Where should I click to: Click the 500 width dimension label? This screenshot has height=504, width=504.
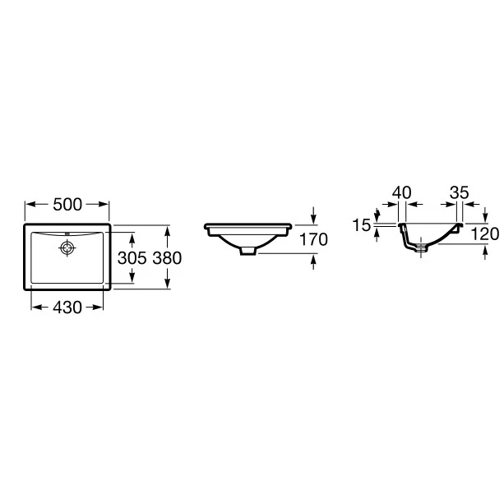pyautogui.click(x=67, y=205)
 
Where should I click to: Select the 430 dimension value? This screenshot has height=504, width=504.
pyautogui.click(x=67, y=307)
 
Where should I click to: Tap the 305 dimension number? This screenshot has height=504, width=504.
pyautogui.click(x=132, y=258)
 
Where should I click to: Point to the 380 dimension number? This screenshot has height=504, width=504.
pyautogui.click(x=167, y=258)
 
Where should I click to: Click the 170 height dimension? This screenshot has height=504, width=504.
pyautogui.click(x=313, y=239)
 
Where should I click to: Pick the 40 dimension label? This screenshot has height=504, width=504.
pyautogui.click(x=402, y=192)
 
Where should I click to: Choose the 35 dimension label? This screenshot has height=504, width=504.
pyautogui.click(x=460, y=192)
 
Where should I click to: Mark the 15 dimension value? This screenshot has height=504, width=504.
pyautogui.click(x=362, y=225)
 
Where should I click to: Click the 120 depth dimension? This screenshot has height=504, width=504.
pyautogui.click(x=485, y=234)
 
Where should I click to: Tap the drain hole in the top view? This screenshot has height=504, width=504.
pyautogui.click(x=67, y=247)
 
